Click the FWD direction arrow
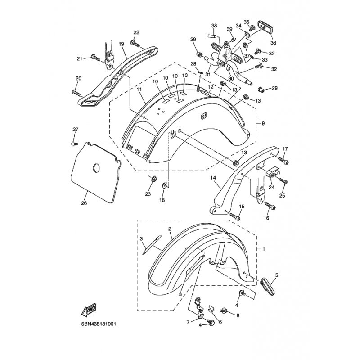(x=88, y=311)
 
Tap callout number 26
(x=84, y=203)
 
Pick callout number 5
(x=277, y=274)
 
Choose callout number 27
(x=76, y=130)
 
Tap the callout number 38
(x=214, y=25)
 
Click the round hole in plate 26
(x=96, y=168)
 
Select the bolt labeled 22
(x=135, y=43)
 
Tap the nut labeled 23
(x=152, y=180)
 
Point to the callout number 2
(x=170, y=229)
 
